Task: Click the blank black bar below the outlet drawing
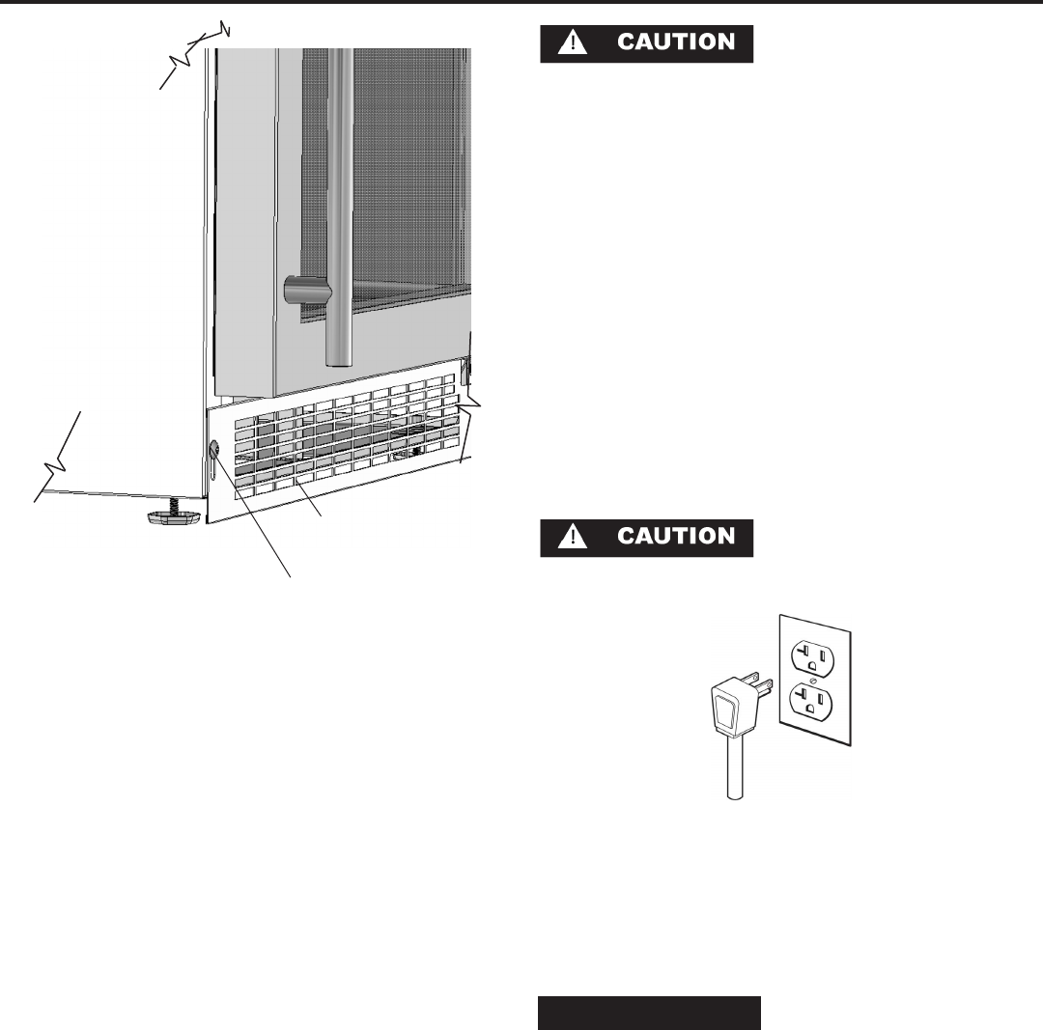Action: [649, 1014]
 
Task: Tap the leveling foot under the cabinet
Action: [173, 519]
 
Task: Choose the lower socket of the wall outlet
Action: [812, 701]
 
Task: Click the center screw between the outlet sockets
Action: [812, 679]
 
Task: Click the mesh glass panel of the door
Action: [406, 174]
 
